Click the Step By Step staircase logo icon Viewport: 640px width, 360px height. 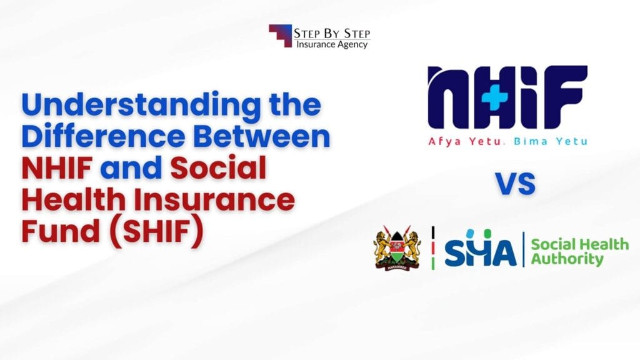pos(280,36)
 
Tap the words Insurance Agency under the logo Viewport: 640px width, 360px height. pos(331,44)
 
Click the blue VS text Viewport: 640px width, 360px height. pos(515,184)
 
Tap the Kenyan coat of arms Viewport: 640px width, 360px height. pos(397,248)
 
